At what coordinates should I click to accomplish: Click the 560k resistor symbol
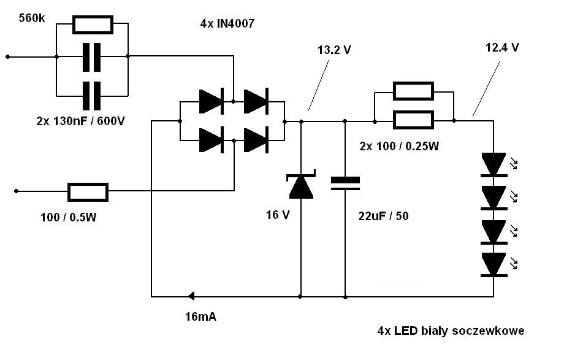(93, 25)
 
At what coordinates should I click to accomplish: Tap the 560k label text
(32, 18)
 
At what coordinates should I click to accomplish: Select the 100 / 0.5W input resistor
(88, 192)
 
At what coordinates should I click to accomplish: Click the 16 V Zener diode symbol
(300, 186)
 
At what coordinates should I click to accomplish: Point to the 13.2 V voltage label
(334, 50)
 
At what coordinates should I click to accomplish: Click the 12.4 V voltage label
(502, 47)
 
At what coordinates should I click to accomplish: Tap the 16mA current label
(200, 317)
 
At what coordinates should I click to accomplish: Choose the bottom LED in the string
(493, 264)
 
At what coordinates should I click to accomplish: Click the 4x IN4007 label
(227, 24)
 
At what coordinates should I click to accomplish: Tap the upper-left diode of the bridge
(210, 101)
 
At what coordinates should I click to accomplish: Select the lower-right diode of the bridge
(256, 140)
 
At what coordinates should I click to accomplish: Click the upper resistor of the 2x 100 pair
(413, 91)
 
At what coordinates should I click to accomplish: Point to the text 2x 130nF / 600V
(80, 121)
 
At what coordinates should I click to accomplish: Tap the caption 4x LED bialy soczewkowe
(451, 331)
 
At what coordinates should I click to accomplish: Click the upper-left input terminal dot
(8, 56)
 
